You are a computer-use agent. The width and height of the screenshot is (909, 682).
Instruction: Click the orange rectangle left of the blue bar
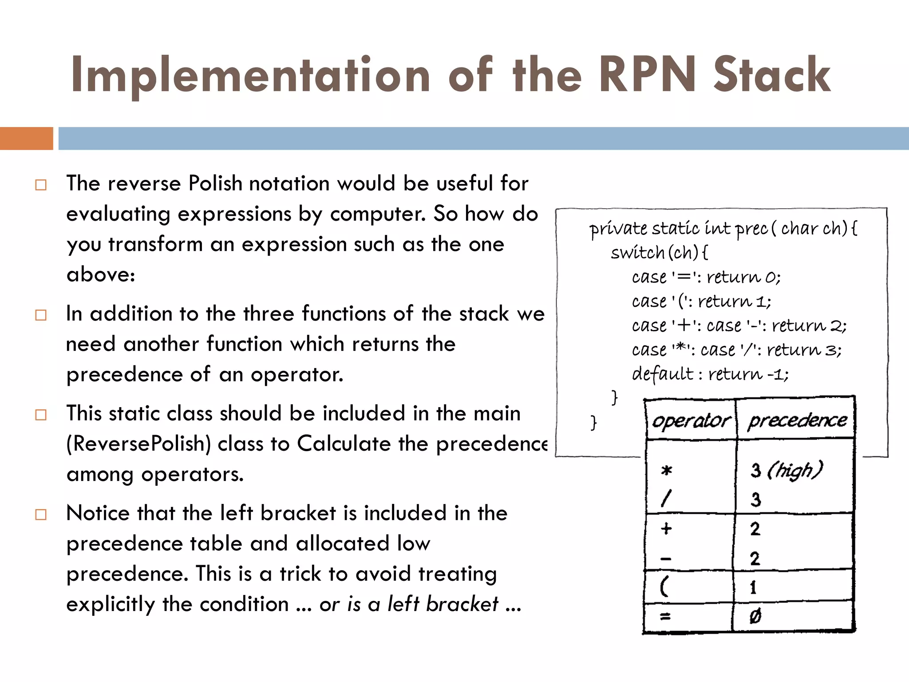tap(26, 138)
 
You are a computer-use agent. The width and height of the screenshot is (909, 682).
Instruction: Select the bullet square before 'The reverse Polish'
tap(41, 185)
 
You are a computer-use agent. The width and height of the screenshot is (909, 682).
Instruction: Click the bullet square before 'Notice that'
tap(41, 515)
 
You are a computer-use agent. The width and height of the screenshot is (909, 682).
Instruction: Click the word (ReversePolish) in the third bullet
tap(138, 444)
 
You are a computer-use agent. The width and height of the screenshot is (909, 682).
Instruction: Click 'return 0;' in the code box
tap(743, 277)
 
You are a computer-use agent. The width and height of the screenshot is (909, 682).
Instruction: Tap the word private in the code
tap(618, 229)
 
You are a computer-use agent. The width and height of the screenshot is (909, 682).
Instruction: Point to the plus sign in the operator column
tap(666, 528)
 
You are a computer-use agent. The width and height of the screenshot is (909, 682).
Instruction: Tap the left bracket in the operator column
tap(664, 587)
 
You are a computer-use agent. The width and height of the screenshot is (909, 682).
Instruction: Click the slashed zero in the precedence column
tap(755, 616)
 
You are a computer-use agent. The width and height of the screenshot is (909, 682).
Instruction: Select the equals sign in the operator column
tap(665, 616)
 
